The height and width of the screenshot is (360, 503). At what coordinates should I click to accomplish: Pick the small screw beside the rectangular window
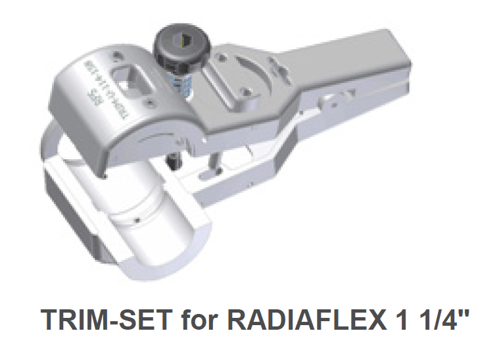[x=153, y=102]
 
